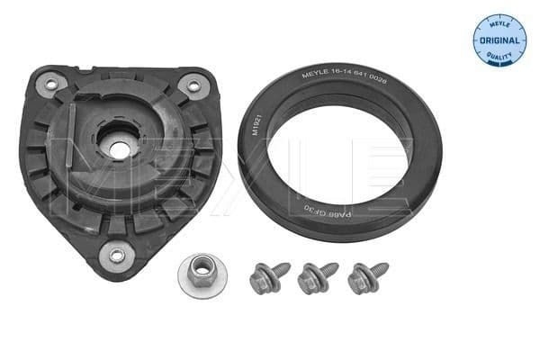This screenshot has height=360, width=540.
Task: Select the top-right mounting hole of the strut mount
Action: [x=192, y=85]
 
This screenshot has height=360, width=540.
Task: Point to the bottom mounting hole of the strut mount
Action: [x=117, y=255]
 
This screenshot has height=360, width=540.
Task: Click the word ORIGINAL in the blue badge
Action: [x=499, y=41]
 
